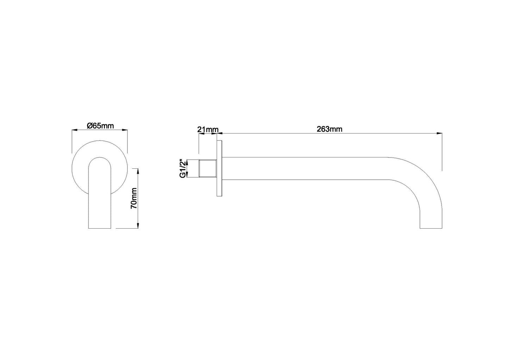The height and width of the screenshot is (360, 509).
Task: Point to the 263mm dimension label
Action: pyautogui.click(x=329, y=129)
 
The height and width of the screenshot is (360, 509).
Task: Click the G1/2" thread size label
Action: pyautogui.click(x=182, y=169)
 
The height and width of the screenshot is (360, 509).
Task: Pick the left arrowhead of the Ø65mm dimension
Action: pyautogui.click(x=74, y=130)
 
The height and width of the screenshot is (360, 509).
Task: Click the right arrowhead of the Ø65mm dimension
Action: pyautogui.click(x=124, y=130)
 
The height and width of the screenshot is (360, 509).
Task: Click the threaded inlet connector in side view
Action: pyautogui.click(x=207, y=169)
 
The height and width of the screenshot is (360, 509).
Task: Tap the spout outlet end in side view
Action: pyautogui.click(x=431, y=228)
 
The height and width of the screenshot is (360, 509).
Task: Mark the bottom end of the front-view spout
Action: pyautogui.click(x=100, y=227)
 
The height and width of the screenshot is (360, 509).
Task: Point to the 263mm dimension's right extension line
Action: pyautogui.click(x=442, y=151)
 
